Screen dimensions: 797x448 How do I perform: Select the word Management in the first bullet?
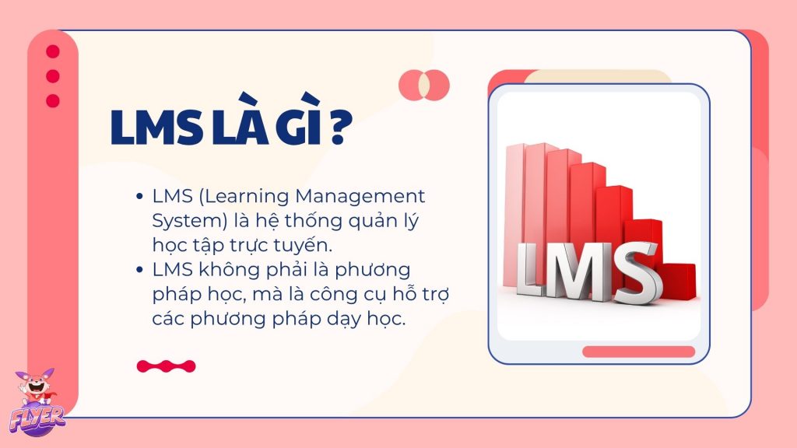click(x=360, y=196)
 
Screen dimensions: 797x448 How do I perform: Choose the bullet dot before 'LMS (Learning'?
click(x=140, y=197)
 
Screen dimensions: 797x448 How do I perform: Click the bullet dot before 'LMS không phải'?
click(x=140, y=270)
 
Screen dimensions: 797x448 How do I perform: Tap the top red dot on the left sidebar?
click(x=53, y=51)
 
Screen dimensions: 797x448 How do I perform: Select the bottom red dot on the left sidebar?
click(x=53, y=100)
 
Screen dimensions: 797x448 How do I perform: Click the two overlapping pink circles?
click(x=424, y=85)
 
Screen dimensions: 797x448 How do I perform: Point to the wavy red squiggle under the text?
click(x=167, y=366)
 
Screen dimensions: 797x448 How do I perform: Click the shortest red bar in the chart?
click(x=679, y=280)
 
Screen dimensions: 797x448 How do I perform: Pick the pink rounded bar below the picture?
click(x=638, y=352)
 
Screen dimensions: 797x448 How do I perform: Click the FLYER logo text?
click(x=37, y=418)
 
